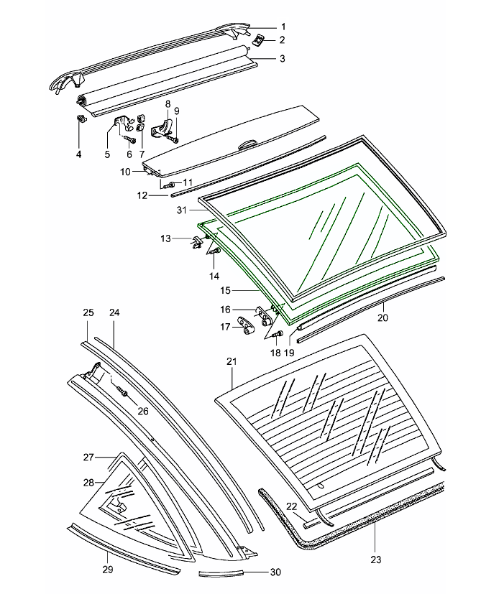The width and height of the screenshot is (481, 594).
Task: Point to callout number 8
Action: click(x=168, y=105)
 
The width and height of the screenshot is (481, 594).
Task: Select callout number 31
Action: click(x=181, y=210)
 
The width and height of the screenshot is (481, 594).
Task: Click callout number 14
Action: click(x=214, y=276)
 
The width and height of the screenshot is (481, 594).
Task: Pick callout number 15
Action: click(x=226, y=290)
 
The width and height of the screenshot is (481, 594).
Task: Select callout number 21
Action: click(x=231, y=363)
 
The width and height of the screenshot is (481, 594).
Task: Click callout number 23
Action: click(x=375, y=560)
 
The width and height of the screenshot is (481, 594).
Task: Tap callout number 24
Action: click(x=114, y=313)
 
